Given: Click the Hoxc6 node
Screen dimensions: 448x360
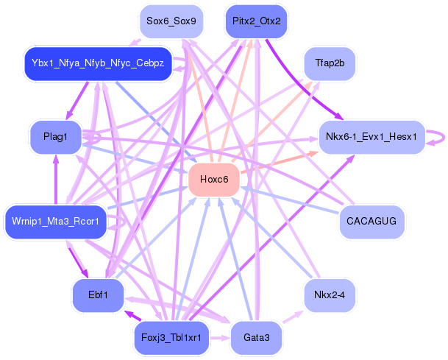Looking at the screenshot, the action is click(x=214, y=180).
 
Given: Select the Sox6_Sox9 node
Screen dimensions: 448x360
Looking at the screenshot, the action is click(x=171, y=21).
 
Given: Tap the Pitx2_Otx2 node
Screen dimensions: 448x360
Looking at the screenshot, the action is click(x=256, y=21).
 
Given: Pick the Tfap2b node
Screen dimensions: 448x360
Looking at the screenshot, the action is click(x=330, y=63).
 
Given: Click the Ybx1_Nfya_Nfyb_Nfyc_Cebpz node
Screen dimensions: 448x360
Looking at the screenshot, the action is click(x=98, y=63).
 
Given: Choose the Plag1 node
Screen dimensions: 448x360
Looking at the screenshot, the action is click(x=56, y=137).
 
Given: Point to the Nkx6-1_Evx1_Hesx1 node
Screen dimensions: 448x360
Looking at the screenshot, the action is click(x=371, y=137).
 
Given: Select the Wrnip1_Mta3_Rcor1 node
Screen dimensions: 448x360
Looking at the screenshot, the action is click(x=56, y=222).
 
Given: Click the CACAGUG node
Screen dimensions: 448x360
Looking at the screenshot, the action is click(x=371, y=222).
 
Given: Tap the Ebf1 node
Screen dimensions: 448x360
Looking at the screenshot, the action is click(x=98, y=295).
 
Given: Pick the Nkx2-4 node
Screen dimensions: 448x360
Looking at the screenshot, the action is click(x=330, y=295).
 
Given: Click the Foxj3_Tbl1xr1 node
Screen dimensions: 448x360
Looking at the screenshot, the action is click(x=171, y=338).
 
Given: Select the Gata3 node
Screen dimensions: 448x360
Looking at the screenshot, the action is click(x=256, y=338).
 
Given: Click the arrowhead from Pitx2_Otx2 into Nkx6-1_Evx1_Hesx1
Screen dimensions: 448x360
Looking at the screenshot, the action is click(x=339, y=116).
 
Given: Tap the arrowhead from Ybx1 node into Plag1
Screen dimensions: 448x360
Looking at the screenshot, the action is click(x=68, y=116).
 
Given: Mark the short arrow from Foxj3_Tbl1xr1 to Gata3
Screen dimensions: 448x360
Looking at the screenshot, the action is click(x=219, y=338).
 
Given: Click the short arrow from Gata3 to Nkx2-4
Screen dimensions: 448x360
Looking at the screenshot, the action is click(x=293, y=317).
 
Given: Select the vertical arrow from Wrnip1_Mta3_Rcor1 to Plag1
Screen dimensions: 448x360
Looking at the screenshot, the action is click(x=56, y=180).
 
